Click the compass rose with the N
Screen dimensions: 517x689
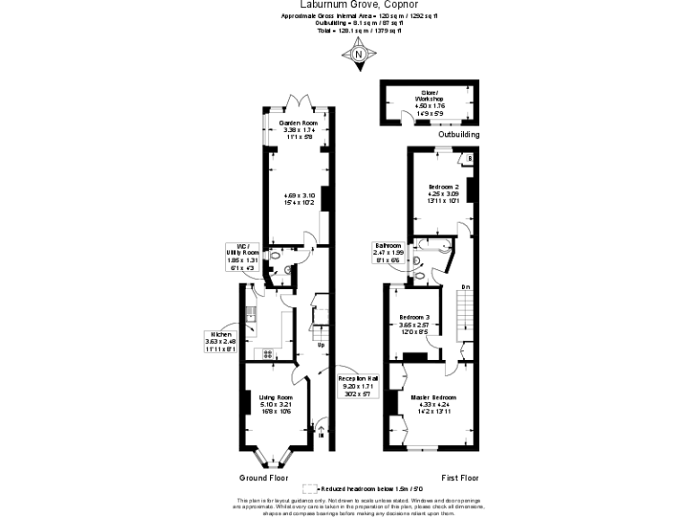tap(359, 54)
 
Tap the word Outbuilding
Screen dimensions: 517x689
tap(458, 134)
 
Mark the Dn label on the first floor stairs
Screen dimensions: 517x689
tap(466, 286)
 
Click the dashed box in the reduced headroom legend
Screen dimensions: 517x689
tap(310, 488)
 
